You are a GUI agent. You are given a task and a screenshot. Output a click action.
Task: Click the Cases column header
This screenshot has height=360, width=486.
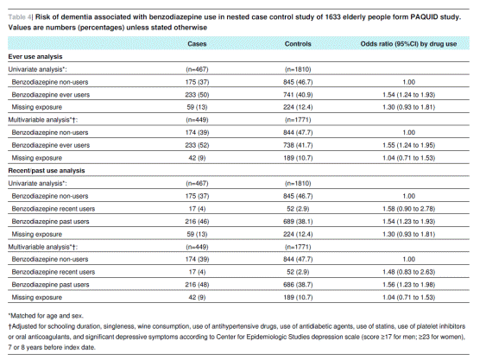coord(197,44)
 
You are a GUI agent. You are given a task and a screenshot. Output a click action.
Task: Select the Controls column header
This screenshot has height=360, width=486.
coord(298,44)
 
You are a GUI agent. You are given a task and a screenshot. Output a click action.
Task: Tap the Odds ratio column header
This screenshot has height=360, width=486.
coord(408,44)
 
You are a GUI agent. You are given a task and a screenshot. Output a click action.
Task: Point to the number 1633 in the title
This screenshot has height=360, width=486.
coord(332,16)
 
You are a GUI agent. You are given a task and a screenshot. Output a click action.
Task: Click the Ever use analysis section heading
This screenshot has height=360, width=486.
coord(35,56)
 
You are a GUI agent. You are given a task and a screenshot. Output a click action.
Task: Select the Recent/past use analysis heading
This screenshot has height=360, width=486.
coord(47,171)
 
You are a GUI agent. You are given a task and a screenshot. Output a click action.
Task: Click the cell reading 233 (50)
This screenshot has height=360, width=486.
coord(197,95)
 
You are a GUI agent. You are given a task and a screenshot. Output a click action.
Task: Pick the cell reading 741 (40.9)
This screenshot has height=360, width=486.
coord(298,95)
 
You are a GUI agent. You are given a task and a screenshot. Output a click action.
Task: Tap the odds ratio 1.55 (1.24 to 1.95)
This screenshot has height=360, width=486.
coord(409,145)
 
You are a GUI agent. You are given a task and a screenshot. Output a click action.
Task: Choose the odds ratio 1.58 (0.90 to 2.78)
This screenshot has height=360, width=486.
coord(409,209)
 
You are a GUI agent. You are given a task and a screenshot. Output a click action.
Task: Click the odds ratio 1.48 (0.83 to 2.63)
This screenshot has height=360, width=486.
coord(409,272)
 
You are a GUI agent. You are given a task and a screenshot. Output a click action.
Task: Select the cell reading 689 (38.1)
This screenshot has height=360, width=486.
coord(298,221)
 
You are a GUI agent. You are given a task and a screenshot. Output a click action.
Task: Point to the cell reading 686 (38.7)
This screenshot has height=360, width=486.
coord(298,285)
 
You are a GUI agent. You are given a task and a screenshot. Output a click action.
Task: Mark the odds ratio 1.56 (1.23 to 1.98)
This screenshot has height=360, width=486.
coord(409,285)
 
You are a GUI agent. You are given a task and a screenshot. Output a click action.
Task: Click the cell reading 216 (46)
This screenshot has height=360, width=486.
coord(197,221)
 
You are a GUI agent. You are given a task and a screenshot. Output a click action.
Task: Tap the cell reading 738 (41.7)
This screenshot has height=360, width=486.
coord(298,145)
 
